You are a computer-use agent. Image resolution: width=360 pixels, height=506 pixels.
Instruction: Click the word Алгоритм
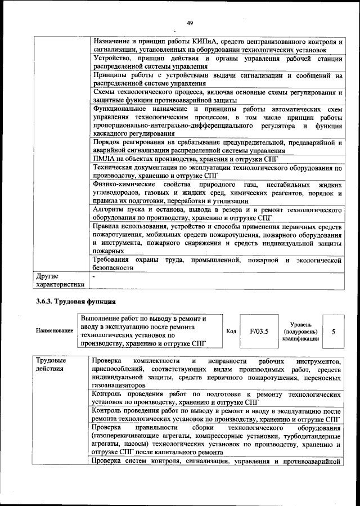pos(110,209)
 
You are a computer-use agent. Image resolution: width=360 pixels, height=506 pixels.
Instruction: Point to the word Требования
pos(113,260)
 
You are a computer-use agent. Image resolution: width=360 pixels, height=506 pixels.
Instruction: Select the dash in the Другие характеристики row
pos(94,276)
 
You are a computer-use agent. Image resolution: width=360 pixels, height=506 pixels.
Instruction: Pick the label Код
pos(230,331)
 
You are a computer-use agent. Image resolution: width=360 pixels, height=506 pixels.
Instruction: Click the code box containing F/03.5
pos(259,331)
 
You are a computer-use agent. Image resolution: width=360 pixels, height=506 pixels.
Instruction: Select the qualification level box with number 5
pos(334,332)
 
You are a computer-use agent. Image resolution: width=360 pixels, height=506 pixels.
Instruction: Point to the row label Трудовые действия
pos(51,364)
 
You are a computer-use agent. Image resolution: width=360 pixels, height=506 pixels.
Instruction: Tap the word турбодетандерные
pos(313,436)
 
